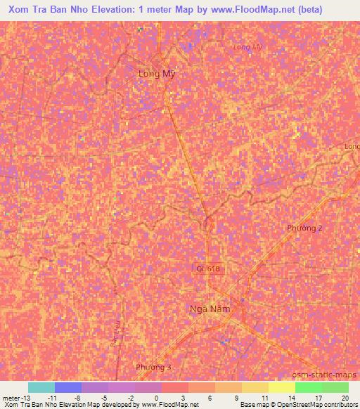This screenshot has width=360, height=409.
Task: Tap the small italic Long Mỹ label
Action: (247, 47)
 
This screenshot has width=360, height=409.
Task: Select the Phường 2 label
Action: (305, 228)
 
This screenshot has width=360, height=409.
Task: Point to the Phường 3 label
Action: (153, 368)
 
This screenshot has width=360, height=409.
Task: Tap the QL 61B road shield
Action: (209, 268)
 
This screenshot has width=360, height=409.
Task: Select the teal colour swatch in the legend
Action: (41, 387)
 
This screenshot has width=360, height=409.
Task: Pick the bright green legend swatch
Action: (308, 387)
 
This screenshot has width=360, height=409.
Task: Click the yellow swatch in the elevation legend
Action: (255, 387)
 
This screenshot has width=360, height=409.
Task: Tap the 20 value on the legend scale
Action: (345, 398)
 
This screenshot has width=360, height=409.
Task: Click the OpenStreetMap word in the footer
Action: (297, 405)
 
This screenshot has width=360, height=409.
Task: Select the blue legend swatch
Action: (68, 387)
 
